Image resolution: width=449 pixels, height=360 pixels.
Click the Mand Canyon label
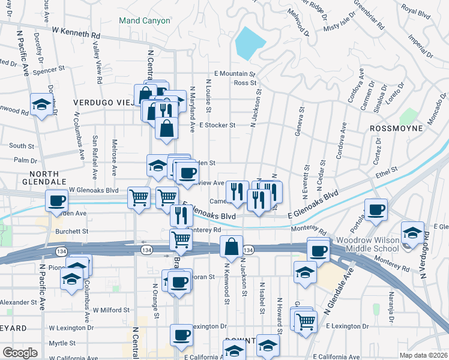point(145,20)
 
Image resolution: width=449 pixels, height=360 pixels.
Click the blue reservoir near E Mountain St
point(250,41)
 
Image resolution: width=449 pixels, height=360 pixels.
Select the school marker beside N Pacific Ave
point(41,105)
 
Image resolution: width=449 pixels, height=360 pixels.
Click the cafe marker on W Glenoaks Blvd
point(57,200)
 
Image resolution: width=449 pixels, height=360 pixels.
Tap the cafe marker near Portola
point(376,209)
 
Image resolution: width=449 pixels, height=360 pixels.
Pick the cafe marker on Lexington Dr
point(181,335)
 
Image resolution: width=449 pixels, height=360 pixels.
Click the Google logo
point(20,353)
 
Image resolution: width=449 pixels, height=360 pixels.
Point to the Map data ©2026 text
point(424,355)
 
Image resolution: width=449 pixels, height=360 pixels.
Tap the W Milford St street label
point(111,310)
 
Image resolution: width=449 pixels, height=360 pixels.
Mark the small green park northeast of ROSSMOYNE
point(408,116)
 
